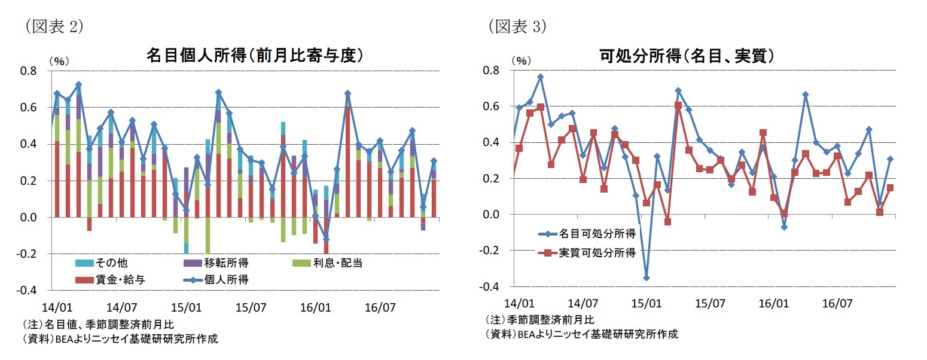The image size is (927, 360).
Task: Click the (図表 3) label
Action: coord(517,27)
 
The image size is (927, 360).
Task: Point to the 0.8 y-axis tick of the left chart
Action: coord(29,71)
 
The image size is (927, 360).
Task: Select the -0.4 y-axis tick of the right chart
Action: coord(492,287)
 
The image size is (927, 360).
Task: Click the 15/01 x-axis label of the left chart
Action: coord(186,308)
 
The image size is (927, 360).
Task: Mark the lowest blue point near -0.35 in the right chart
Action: coord(646,277)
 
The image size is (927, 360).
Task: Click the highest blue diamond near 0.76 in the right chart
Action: coord(540,77)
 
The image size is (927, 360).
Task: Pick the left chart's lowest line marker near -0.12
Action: coord(326,239)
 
